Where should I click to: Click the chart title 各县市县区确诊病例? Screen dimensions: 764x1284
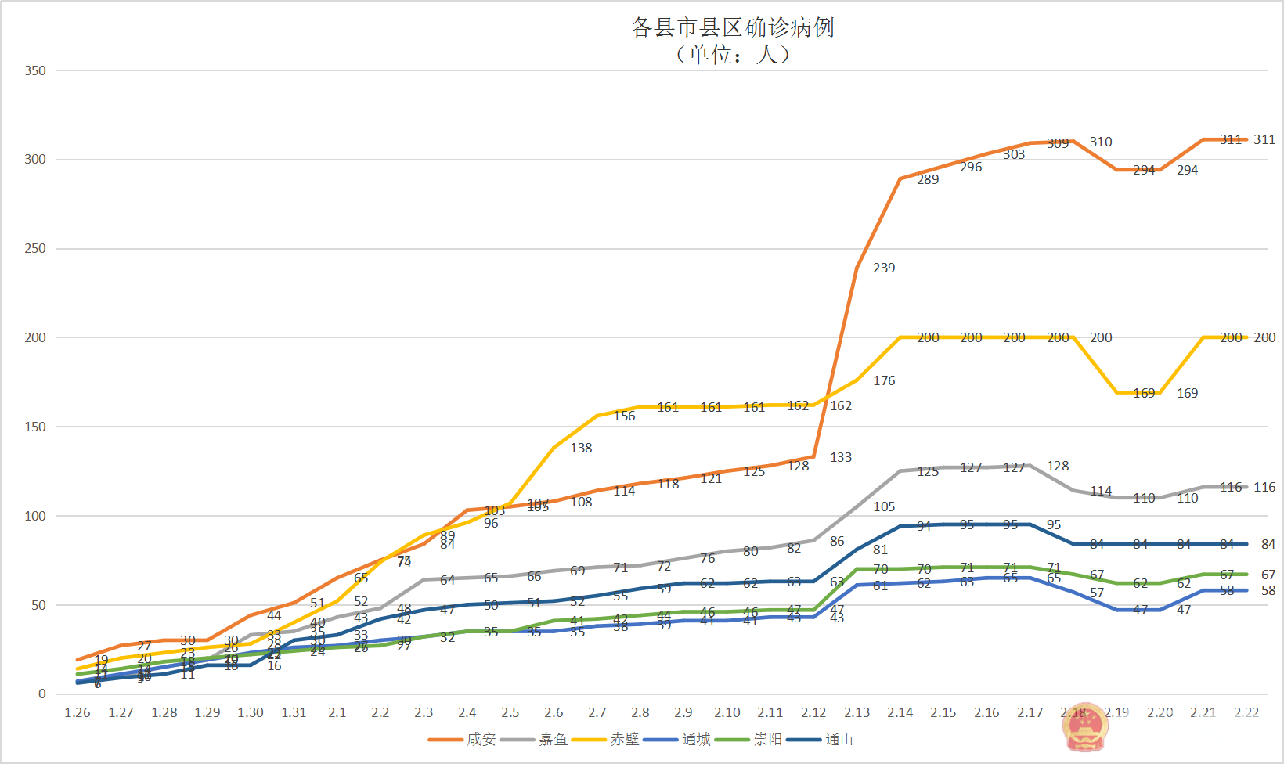click(x=732, y=27)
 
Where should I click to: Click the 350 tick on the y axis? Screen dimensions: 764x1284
click(x=35, y=70)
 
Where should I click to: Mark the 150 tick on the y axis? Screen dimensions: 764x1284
click(x=35, y=427)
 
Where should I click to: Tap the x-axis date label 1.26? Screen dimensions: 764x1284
click(x=77, y=712)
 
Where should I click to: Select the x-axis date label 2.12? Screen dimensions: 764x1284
click(x=813, y=712)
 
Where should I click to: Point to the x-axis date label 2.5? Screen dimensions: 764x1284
click(x=510, y=712)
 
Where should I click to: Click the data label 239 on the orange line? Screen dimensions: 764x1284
click(x=884, y=268)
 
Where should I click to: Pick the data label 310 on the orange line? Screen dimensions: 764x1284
click(x=1101, y=142)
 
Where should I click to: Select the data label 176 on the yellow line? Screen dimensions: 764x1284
click(x=884, y=380)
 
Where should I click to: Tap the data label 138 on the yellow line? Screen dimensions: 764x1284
click(x=581, y=448)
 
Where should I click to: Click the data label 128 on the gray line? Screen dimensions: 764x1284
click(x=1058, y=466)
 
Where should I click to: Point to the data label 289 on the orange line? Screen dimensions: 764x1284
click(x=928, y=179)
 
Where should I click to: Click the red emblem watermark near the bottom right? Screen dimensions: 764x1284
click(x=1084, y=726)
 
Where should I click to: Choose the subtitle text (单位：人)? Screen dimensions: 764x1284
click(x=732, y=54)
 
